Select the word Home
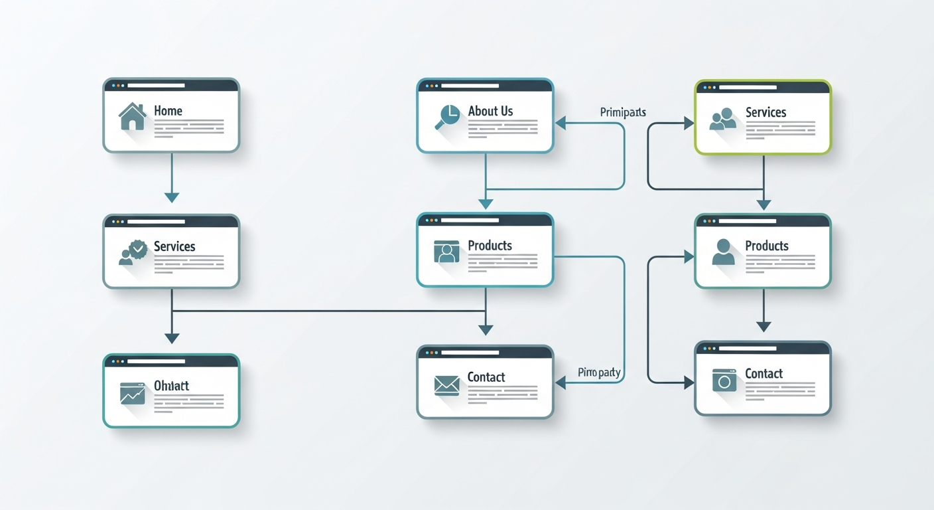(168, 111)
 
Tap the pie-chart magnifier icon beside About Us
(446, 116)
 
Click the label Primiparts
(623, 112)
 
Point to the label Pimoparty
(599, 373)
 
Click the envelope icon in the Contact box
(446, 384)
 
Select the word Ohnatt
(171, 386)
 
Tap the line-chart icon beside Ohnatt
(132, 392)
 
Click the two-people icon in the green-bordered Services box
(723, 118)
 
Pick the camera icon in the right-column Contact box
(724, 381)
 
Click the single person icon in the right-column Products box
(723, 252)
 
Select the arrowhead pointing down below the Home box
(172, 197)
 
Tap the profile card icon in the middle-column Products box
(446, 252)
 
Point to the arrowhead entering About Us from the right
(561, 122)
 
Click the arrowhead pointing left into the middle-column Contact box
(561, 382)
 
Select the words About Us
(490, 111)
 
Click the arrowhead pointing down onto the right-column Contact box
(764, 326)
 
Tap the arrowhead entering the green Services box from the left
(688, 123)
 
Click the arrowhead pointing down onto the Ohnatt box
(172, 338)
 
